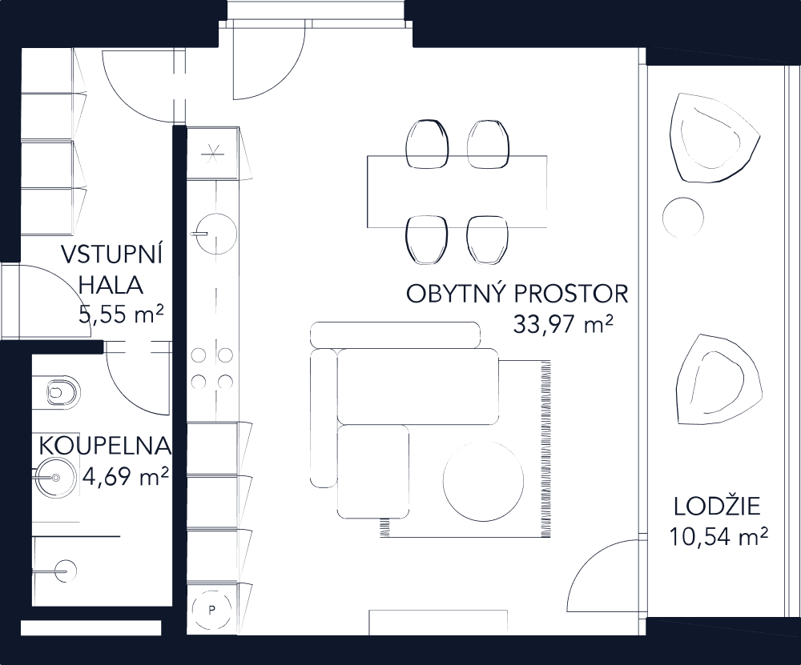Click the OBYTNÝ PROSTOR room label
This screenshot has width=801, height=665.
(x=517, y=294)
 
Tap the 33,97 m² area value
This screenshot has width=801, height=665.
(x=562, y=325)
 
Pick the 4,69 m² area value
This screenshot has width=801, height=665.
(x=125, y=479)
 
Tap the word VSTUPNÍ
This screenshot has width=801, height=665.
(x=112, y=257)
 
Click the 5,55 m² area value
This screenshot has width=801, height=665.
(x=122, y=313)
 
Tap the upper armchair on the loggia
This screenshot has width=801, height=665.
(x=715, y=138)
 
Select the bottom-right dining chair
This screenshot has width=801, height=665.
(x=488, y=239)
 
